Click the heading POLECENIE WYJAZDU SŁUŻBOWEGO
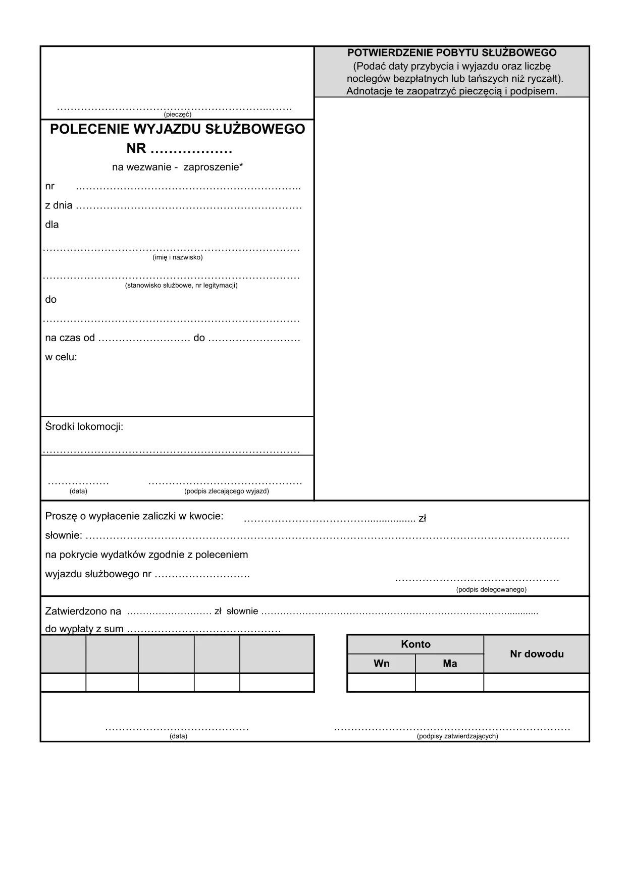pyautogui.click(x=177, y=129)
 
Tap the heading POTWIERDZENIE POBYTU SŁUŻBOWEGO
pyautogui.click(x=452, y=52)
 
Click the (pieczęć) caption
pyautogui.click(x=177, y=115)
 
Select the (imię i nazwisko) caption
pyautogui.click(x=177, y=257)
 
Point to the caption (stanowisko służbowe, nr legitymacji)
pyautogui.click(x=181, y=285)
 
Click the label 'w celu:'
pyautogui.click(x=61, y=357)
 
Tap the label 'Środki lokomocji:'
pyautogui.click(x=84, y=427)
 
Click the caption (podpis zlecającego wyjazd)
pyautogui.click(x=226, y=491)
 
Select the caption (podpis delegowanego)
pyautogui.click(x=491, y=589)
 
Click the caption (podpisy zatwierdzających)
pyautogui.click(x=457, y=736)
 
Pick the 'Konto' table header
pyautogui.click(x=415, y=644)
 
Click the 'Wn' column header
pyautogui.click(x=381, y=663)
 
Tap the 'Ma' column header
pyautogui.click(x=449, y=663)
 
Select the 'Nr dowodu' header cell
pyautogui.click(x=536, y=654)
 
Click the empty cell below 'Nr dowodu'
pyautogui.click(x=536, y=682)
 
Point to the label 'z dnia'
pyautogui.click(x=59, y=206)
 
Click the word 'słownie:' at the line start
pyautogui.click(x=63, y=535)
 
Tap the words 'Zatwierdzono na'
pyautogui.click(x=83, y=612)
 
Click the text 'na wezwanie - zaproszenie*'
pyautogui.click(x=177, y=167)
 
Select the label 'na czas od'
pyautogui.click(x=70, y=338)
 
